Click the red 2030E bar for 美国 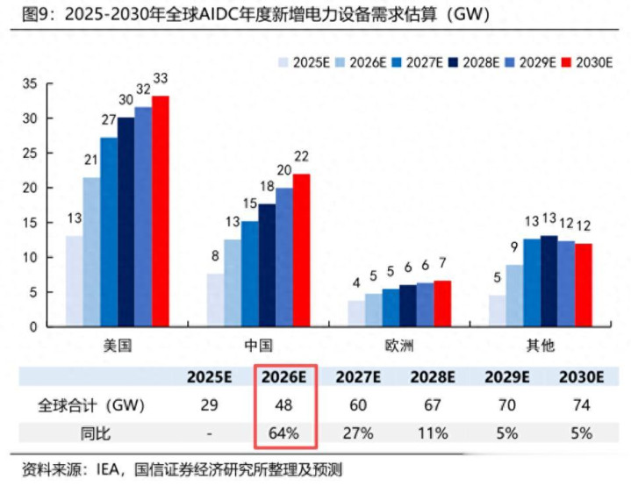160,211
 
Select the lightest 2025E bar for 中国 214,299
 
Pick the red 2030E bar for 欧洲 442,304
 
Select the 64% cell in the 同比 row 284,433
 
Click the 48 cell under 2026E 284,406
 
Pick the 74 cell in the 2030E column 581,406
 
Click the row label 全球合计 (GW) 91,406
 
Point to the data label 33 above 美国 160,80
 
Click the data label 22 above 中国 301,157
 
